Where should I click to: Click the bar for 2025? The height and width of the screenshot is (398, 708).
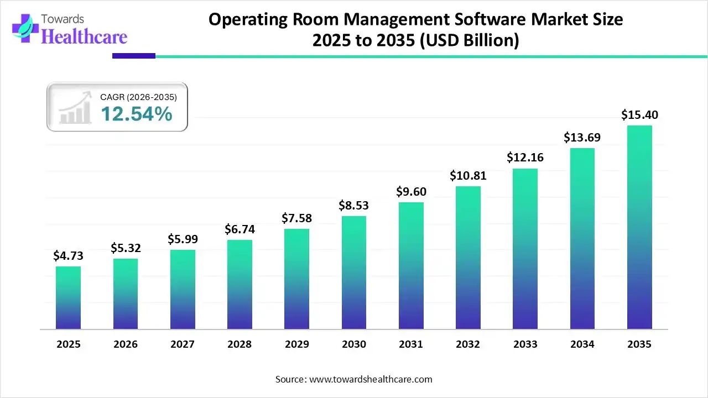tap(68, 298)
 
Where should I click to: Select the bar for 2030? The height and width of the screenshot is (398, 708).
tap(354, 273)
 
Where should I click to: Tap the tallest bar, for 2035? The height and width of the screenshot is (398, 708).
tap(639, 227)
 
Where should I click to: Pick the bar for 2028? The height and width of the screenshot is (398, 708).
tap(240, 285)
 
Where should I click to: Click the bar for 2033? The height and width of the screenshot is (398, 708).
tap(525, 249)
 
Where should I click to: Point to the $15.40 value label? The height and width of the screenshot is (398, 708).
tap(639, 115)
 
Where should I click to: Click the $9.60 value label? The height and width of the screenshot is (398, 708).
tap(411, 192)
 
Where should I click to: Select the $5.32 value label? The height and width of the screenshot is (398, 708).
tap(126, 248)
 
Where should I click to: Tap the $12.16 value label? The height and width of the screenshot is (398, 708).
tap(525, 158)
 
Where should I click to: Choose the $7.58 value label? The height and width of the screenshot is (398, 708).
tap(296, 218)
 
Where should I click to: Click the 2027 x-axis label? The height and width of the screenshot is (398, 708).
tap(183, 344)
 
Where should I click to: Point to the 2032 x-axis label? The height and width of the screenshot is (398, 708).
tap(468, 344)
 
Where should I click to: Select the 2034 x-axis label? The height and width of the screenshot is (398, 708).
tap(582, 344)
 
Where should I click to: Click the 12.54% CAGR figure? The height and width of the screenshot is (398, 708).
tap(136, 114)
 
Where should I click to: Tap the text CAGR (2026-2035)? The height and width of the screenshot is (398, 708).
tap(138, 97)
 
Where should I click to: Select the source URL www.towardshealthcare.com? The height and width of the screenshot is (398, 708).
tap(369, 379)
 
